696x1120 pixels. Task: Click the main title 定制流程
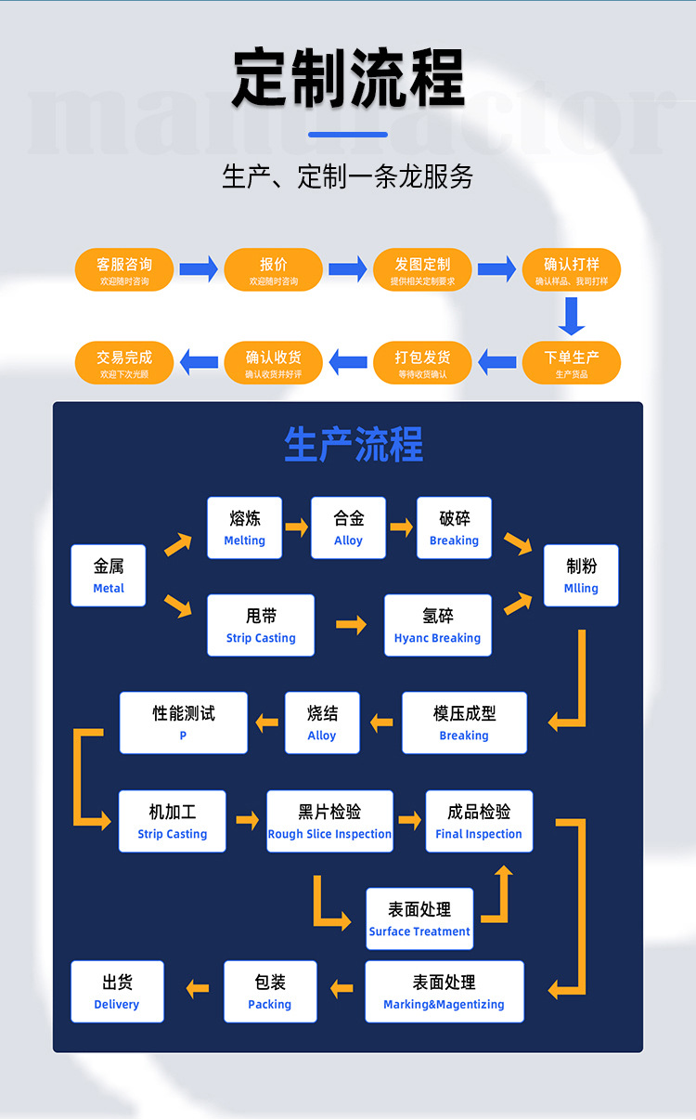(348, 78)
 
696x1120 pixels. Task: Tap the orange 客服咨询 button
(124, 270)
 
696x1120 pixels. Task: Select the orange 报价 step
(274, 270)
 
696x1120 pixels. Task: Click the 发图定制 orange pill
(422, 270)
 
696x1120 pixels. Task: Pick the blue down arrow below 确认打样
(572, 316)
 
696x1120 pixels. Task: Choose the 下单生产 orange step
(572, 362)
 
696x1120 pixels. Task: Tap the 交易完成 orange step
(124, 362)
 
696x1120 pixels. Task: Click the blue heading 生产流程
(354, 445)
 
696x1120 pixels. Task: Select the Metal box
(109, 576)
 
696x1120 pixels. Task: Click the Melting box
(245, 527)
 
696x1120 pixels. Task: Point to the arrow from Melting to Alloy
(296, 527)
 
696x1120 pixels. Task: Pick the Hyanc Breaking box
(437, 625)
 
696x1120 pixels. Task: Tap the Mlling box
(581, 576)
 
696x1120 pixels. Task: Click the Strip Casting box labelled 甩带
(261, 625)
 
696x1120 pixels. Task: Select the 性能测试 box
(184, 723)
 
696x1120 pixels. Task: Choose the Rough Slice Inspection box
(329, 821)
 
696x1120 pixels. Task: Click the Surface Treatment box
(419, 918)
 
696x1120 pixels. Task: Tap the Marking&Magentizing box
(444, 991)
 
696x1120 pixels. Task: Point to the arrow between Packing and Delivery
(198, 989)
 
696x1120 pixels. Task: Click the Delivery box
(117, 991)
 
